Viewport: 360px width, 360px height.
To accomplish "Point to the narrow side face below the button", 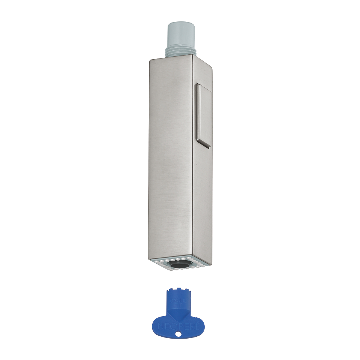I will coord(202,202).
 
